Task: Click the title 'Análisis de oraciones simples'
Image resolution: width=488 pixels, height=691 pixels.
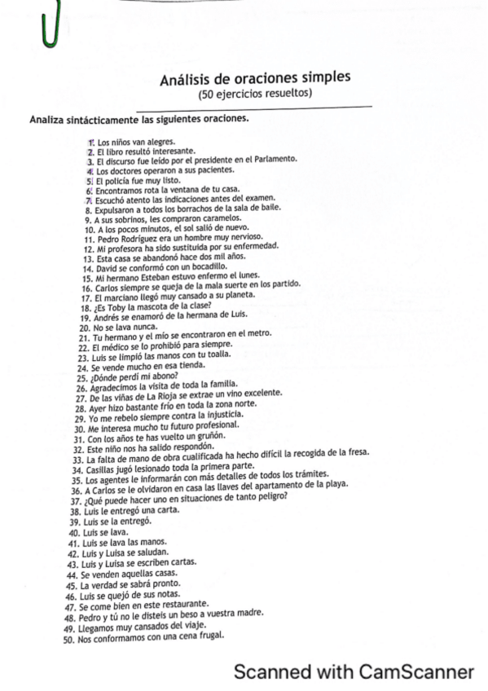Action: (255, 78)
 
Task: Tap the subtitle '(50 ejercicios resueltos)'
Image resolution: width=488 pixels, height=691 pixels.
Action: (255, 94)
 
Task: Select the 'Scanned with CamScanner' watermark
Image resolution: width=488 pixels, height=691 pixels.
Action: (354, 671)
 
